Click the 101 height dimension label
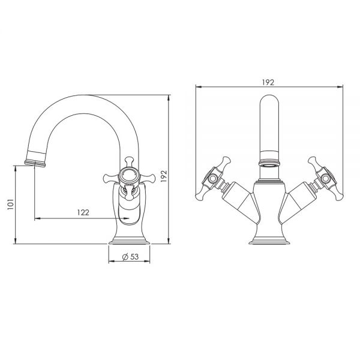tap(11, 204)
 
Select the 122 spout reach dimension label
tap(83, 212)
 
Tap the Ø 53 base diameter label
tap(130, 256)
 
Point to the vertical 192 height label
tap(164, 176)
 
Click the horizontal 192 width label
tap(268, 82)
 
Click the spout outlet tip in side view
tap(35, 163)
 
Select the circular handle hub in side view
tap(129, 176)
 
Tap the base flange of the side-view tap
tap(129, 242)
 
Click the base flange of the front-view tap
tap(269, 242)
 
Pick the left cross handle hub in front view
tap(212, 178)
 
